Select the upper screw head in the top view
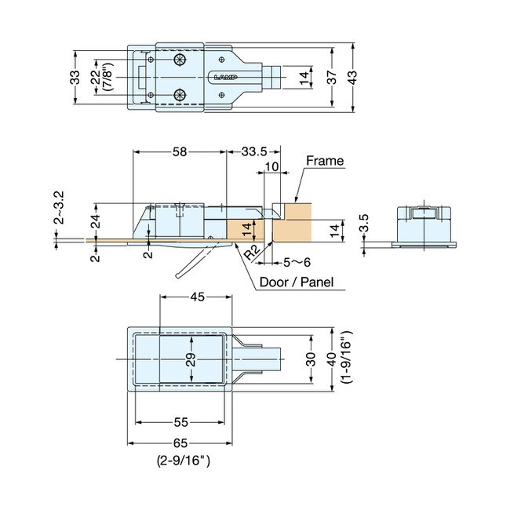coord(182,60)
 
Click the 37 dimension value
coord(332,77)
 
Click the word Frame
coord(325,161)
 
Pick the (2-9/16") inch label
coord(180,462)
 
